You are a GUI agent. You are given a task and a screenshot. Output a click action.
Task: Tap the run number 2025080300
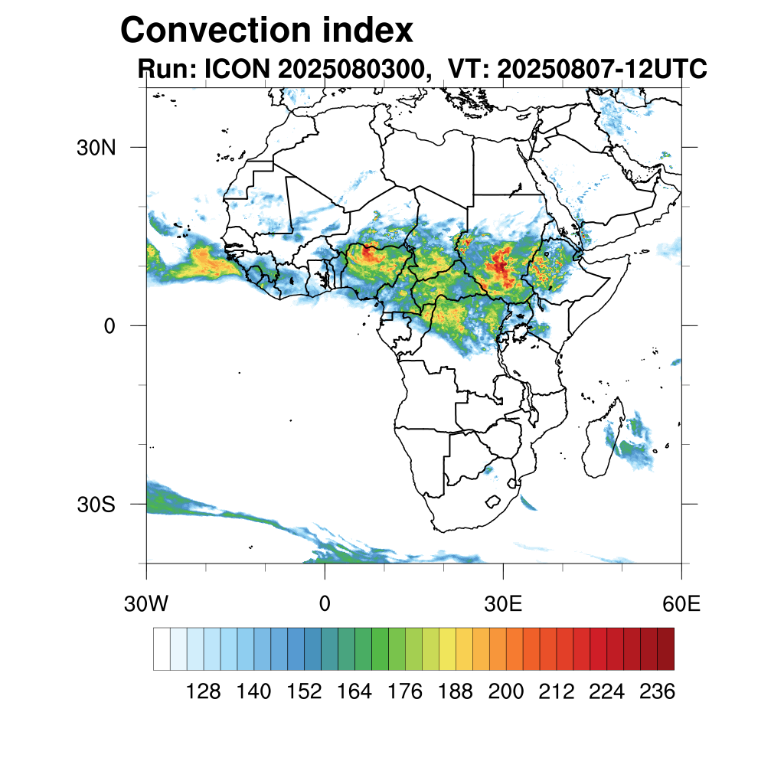click(351, 70)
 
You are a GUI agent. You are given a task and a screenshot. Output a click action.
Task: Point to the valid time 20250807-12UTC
click(601, 70)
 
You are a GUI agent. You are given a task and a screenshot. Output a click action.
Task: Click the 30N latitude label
click(96, 147)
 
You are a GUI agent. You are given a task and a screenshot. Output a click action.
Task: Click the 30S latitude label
click(96, 505)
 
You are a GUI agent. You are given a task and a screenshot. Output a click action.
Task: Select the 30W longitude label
click(146, 604)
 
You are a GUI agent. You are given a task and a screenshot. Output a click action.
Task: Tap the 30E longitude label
click(503, 604)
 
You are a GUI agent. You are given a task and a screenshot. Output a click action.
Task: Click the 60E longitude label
click(681, 604)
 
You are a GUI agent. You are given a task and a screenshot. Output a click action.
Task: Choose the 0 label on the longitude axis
click(325, 604)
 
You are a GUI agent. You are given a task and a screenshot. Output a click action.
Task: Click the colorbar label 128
click(204, 692)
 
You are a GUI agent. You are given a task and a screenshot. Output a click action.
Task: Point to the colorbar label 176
click(405, 692)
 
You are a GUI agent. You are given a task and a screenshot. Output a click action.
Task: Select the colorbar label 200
click(506, 692)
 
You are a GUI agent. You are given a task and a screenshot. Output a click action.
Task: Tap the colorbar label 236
click(657, 692)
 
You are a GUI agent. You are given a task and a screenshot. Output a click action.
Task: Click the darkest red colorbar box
click(665, 648)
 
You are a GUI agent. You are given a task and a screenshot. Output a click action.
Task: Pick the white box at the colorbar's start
click(162, 648)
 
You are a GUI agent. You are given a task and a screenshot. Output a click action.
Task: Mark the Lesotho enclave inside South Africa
click(495, 502)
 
